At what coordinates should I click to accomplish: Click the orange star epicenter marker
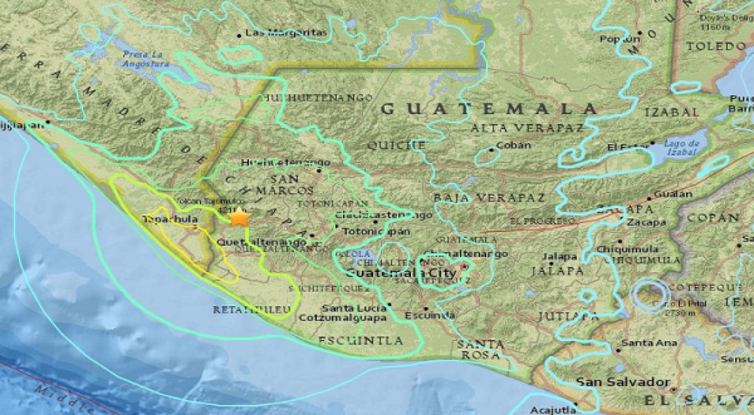(239, 217)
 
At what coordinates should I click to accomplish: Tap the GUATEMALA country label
(489, 108)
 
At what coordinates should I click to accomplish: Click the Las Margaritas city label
(286, 32)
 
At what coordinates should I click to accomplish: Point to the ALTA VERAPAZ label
(515, 128)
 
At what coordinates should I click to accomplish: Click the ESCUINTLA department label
(360, 340)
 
